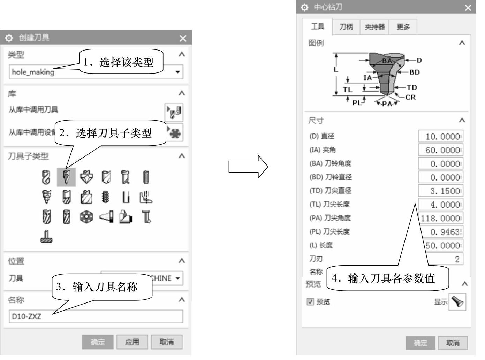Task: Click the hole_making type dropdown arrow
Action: tap(177, 72)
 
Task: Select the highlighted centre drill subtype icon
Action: tap(66, 177)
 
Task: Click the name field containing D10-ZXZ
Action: tap(96, 316)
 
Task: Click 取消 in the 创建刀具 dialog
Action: tap(167, 342)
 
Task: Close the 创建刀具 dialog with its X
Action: tap(183, 38)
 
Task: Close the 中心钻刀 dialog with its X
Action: tap(468, 8)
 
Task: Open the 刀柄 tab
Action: tap(346, 27)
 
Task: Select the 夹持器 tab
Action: tap(374, 27)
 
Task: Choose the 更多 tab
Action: tap(403, 27)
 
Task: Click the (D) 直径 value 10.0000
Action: tap(441, 136)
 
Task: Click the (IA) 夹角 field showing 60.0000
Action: tap(441, 150)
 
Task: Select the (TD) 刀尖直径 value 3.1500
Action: tap(441, 191)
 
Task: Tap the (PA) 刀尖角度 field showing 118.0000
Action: tap(441, 218)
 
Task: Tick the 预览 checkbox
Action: tap(310, 302)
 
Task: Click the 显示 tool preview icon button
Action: tap(457, 301)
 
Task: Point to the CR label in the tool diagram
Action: tap(410, 97)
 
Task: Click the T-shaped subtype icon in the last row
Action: tap(46, 237)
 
